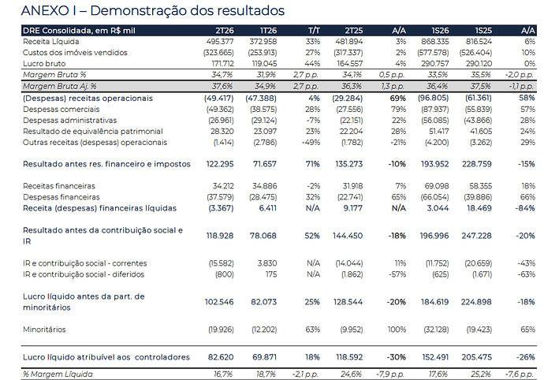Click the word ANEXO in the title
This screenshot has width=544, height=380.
(45, 11)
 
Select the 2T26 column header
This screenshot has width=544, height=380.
(225, 31)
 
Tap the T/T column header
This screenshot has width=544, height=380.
(314, 31)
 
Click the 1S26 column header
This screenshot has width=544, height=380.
(440, 31)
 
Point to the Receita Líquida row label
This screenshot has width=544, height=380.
(51, 42)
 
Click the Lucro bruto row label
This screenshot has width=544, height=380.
(44, 64)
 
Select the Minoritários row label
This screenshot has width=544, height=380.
(44, 330)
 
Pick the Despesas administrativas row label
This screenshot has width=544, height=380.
(69, 121)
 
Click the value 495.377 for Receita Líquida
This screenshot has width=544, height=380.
(220, 42)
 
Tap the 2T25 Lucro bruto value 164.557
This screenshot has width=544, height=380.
(350, 64)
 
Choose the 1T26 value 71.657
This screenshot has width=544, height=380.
(265, 164)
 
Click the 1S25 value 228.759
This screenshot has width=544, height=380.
(477, 164)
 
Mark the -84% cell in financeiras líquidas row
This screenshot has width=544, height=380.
(527, 208)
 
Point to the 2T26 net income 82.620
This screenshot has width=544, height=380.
(221, 357)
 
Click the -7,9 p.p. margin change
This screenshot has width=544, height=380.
(390, 374)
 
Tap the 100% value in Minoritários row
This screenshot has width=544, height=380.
(397, 330)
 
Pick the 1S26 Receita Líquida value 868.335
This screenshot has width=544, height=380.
(435, 42)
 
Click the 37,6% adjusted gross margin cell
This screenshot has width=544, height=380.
(222, 87)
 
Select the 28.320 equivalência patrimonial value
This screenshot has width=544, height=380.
(222, 132)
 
